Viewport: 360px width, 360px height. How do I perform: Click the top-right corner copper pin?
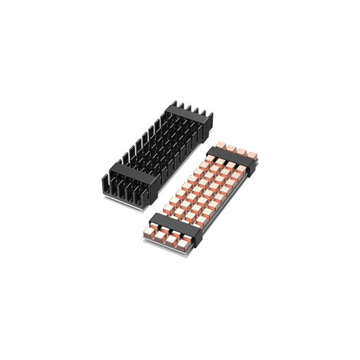[x=251, y=154]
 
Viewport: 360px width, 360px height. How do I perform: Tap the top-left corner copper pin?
[x=215, y=149]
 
